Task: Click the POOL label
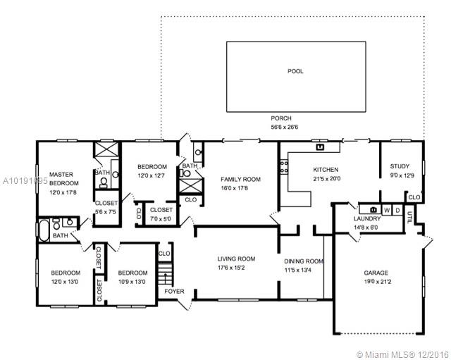point(295,71)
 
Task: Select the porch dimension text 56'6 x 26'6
point(284,127)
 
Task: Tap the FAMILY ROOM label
point(240,180)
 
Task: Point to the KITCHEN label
point(326,170)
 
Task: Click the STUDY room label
point(400,166)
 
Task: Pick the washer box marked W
point(387,211)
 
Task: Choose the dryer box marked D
point(397,211)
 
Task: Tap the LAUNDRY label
point(367,218)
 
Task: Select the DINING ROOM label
point(304,261)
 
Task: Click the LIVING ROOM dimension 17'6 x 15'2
point(231,268)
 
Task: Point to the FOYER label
point(174,291)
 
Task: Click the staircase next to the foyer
point(165,274)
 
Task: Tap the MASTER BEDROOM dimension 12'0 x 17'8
point(63,192)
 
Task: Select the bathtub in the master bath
point(44,230)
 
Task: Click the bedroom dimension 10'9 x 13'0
point(132,282)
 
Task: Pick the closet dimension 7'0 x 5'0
point(161,219)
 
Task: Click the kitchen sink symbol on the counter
point(320,147)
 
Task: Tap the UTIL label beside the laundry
point(409,218)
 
